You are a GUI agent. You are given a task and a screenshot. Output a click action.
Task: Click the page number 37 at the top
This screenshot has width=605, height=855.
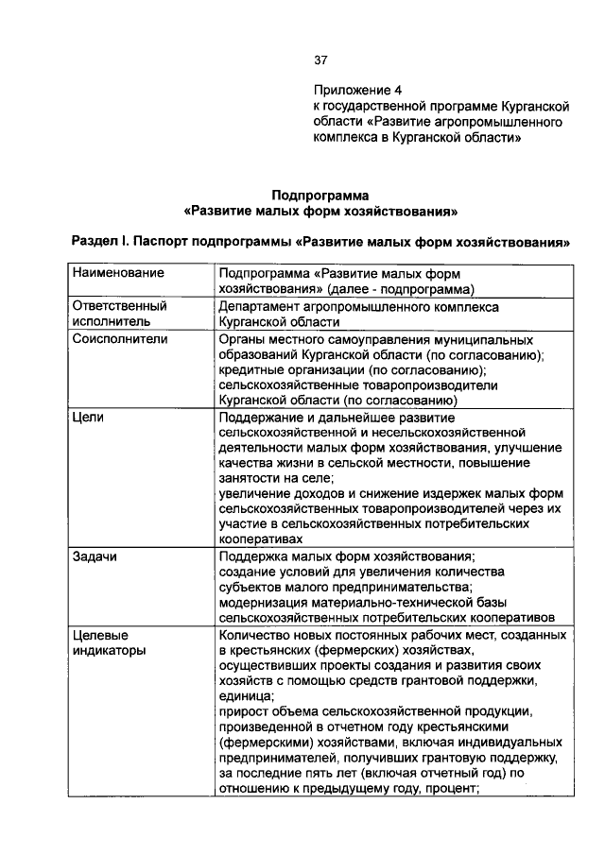coord(320,60)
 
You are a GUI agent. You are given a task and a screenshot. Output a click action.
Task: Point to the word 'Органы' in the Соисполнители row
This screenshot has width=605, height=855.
coord(242,338)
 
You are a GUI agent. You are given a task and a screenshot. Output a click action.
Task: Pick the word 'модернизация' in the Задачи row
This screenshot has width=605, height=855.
coord(263,603)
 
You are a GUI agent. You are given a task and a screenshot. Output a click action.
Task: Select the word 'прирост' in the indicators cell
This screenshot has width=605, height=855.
coord(242,711)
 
